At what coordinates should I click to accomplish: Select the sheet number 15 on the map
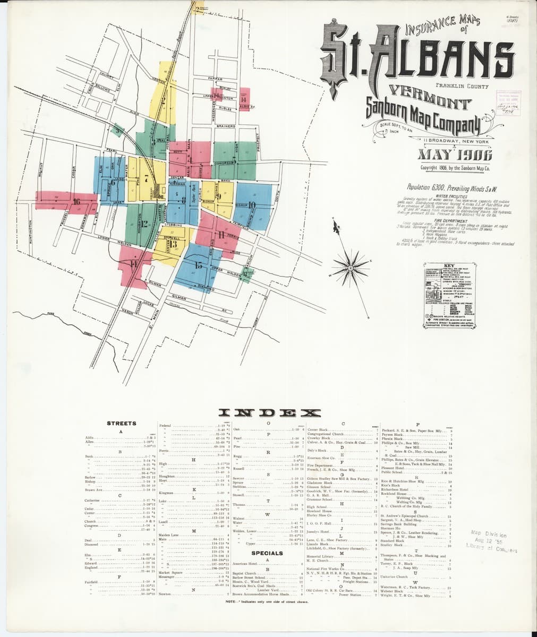198,265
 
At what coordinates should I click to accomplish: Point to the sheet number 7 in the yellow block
146,178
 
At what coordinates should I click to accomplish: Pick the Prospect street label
257,143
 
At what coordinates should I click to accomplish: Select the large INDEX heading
269,412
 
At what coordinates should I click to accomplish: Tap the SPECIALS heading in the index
267,553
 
